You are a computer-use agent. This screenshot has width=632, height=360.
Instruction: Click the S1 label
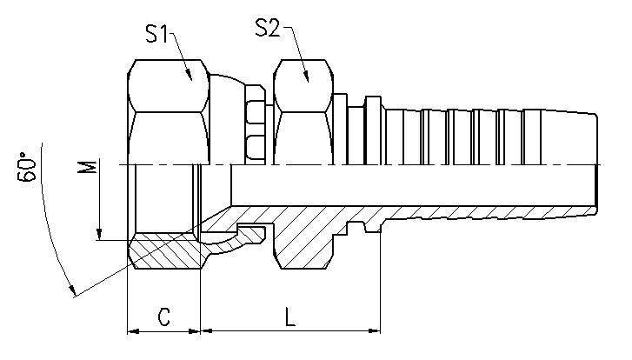click(156, 33)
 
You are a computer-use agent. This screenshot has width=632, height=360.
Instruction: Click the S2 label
click(267, 28)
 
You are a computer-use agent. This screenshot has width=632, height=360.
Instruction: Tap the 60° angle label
click(27, 167)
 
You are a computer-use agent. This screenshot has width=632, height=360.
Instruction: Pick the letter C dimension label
click(163, 317)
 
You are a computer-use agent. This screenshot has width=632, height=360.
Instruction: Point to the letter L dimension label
click(289, 317)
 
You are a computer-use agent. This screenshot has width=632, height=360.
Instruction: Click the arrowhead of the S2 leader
click(306, 77)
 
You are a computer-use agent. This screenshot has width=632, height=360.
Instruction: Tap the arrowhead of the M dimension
click(99, 235)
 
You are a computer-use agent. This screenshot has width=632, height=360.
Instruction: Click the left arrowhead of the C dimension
click(133, 331)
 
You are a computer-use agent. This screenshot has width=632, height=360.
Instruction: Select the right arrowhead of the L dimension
click(375, 331)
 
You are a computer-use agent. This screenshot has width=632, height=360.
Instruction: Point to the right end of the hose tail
click(596, 164)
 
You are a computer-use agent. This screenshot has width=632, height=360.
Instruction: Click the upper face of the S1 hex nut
click(169, 86)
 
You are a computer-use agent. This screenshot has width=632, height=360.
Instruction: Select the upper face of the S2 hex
click(303, 86)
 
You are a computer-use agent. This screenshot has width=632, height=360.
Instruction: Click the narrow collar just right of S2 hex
click(341, 129)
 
